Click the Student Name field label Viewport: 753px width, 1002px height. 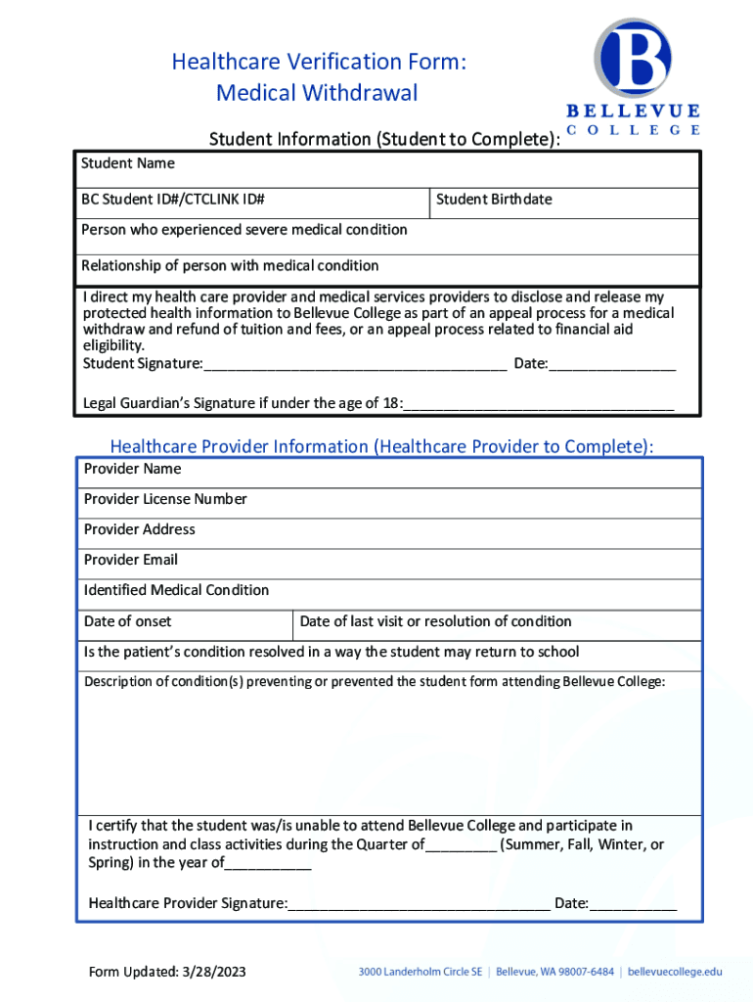tap(127, 163)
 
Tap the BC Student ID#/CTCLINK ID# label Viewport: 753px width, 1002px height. tap(173, 200)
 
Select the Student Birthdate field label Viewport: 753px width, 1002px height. tap(494, 200)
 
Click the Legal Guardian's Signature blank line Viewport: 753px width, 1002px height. tap(539, 403)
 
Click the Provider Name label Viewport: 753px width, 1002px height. tap(132, 469)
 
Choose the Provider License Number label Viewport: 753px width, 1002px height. tap(165, 499)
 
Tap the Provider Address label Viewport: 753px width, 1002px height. tap(140, 529)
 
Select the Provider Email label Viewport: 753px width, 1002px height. tap(131, 560)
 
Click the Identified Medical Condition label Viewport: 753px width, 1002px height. tap(176, 590)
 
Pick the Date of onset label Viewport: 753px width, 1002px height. tap(127, 621)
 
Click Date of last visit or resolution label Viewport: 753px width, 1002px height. tap(435, 621)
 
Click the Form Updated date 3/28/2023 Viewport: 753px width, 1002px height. tap(213, 972)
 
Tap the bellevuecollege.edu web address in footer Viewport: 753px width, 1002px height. tap(675, 972)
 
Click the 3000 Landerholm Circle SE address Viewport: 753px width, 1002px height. tap(421, 972)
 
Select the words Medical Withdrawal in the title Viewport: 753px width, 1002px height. tap(317, 93)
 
